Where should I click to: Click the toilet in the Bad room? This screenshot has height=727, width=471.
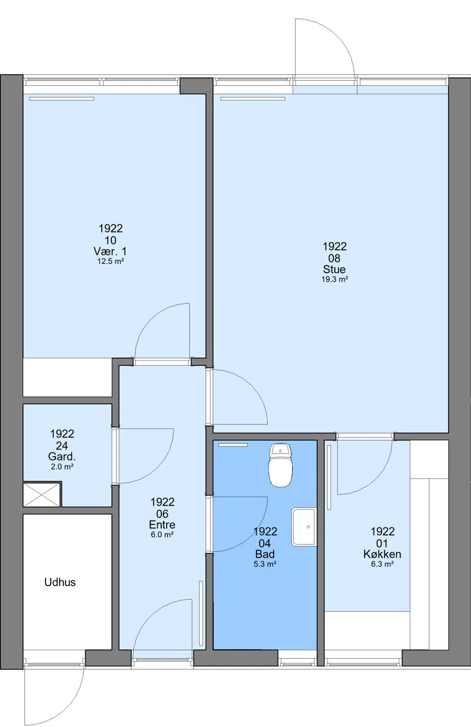281,465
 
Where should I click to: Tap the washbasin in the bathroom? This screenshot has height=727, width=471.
304,527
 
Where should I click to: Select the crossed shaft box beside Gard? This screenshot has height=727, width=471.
42,495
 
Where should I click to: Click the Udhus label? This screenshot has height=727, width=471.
60,582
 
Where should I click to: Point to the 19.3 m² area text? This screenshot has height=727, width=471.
335,279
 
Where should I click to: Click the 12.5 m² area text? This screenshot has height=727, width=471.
111,261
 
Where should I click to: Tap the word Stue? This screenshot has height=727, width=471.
334,269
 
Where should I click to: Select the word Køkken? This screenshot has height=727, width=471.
382,554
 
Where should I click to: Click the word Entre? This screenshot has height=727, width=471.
162,524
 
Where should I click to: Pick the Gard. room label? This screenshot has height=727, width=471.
62,457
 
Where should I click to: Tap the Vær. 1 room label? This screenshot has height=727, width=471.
110,251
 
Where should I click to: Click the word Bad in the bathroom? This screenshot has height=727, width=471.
265,554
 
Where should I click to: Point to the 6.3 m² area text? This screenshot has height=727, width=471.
383,564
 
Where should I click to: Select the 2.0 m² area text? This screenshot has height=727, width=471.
62,467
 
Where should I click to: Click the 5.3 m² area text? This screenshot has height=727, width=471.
265,564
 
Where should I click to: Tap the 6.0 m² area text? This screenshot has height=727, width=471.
162,534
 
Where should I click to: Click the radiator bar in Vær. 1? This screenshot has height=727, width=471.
62,98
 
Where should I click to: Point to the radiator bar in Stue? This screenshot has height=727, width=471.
253,98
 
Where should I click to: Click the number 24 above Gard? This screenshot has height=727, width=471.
62,445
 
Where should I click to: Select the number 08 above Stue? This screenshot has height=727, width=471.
334,258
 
